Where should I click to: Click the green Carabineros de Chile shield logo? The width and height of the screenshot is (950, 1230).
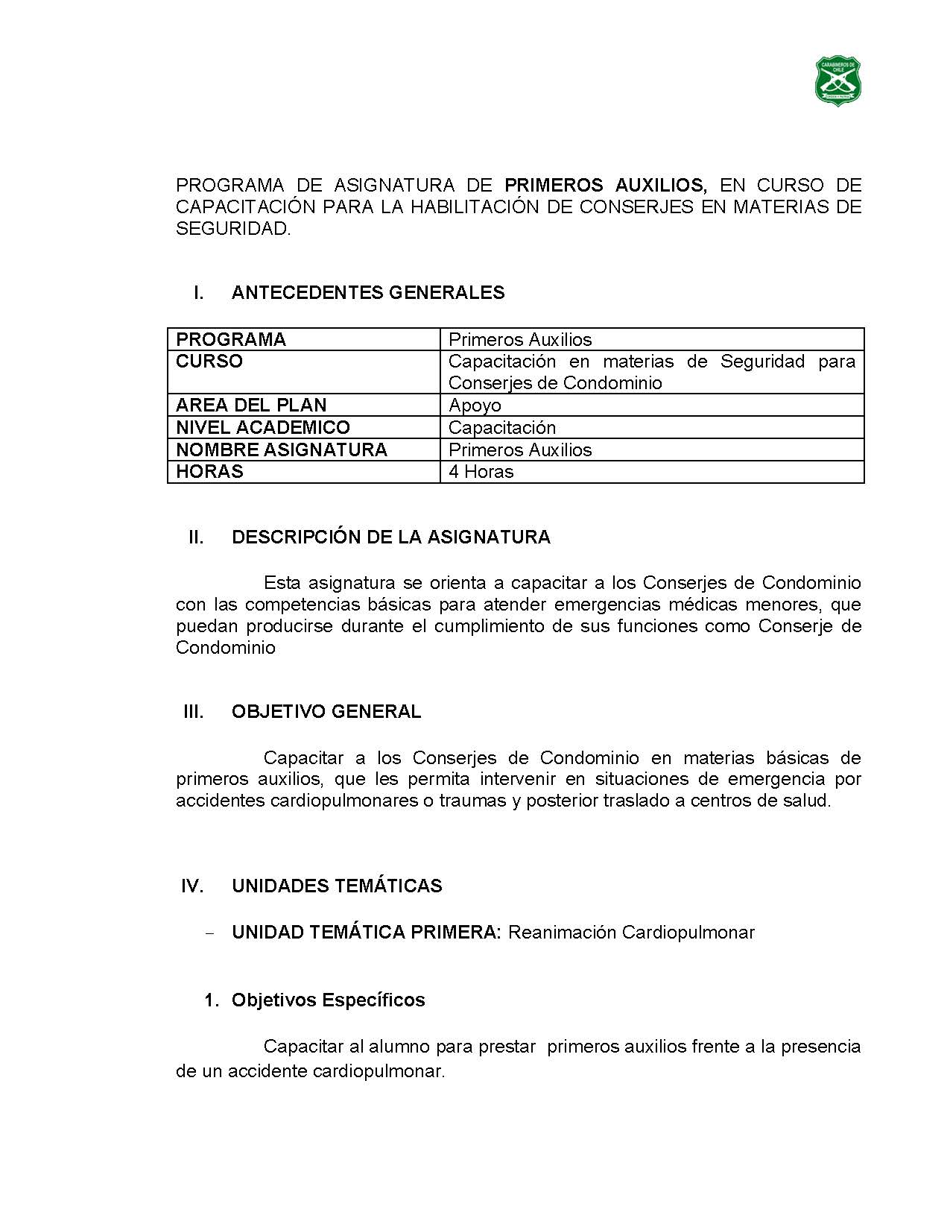coord(840,80)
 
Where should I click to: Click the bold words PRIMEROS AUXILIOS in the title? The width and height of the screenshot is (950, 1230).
coord(604,185)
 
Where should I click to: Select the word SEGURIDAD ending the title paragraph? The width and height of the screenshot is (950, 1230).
coord(232,229)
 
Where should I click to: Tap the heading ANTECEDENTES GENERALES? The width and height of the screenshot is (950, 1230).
coord(368,293)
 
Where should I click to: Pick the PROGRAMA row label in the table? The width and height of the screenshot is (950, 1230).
coord(231,340)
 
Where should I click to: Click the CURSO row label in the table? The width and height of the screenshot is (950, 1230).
coord(209,362)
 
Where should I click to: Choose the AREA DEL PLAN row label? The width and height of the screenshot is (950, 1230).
coord(251,406)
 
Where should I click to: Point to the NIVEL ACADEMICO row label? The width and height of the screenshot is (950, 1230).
coord(263,428)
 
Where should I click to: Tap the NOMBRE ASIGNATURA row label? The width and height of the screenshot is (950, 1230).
coord(282,450)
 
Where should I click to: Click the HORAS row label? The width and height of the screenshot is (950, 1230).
coord(209,472)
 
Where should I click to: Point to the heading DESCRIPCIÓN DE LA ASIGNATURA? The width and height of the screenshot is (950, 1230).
coord(391,537)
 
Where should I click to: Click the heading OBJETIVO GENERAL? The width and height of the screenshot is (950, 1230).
coord(326,712)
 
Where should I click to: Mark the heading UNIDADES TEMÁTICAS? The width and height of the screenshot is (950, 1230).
coord(337,886)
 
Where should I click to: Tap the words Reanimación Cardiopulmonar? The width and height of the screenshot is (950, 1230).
coord(631,933)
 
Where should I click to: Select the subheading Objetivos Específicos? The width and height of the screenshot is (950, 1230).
coord(328,1000)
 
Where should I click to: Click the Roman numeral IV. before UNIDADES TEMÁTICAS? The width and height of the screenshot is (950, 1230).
coord(192,886)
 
